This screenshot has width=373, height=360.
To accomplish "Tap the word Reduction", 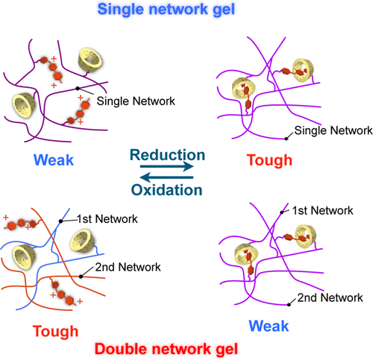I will click(x=168, y=155).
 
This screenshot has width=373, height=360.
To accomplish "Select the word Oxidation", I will click(x=168, y=189).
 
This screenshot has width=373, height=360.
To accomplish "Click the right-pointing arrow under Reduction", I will click(x=166, y=168).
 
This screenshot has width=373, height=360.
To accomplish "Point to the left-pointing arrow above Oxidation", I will click(x=166, y=177).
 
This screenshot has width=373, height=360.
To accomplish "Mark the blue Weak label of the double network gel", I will click(x=270, y=326).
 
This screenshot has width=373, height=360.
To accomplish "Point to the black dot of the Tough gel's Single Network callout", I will click(x=285, y=137).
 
